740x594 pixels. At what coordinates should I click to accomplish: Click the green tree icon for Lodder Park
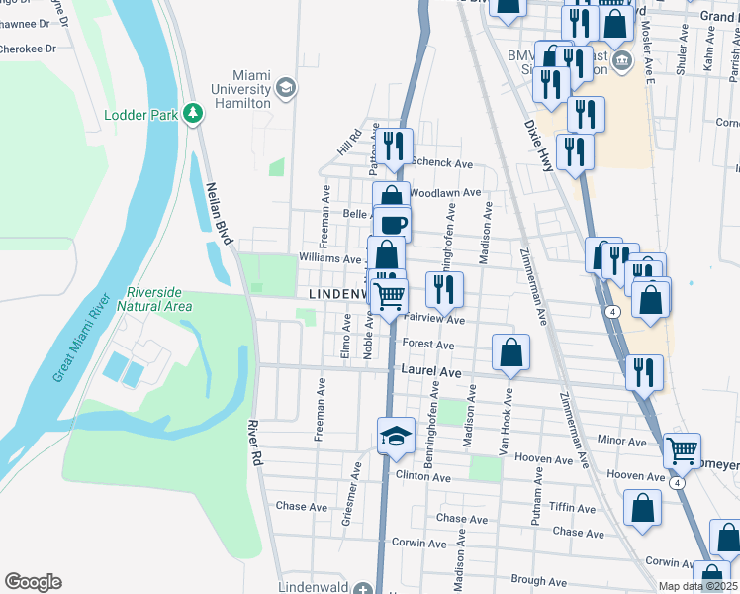pos(193,115)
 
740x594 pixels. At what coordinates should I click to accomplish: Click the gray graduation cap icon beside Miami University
pos(286,88)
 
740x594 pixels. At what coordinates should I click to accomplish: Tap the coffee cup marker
pos(393,224)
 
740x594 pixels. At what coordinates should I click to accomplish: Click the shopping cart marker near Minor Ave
pos(682,449)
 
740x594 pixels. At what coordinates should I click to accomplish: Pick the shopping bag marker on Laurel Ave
pos(510,351)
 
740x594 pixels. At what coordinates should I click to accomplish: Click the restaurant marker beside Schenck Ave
pos(396,146)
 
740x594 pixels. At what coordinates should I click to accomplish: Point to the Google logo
pos(33,582)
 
